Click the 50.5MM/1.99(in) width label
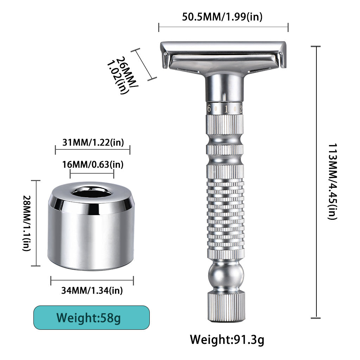(222, 17)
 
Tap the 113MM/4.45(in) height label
(332, 181)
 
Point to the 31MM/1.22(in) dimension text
(93, 142)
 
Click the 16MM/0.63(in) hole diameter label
(92, 164)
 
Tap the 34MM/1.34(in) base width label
(92, 291)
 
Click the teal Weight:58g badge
(91, 318)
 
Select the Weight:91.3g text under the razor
(227, 340)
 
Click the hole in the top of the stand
(92, 191)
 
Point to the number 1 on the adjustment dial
(226, 109)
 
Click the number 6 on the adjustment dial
(209, 109)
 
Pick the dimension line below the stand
(92, 281)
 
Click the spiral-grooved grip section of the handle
(225, 214)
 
